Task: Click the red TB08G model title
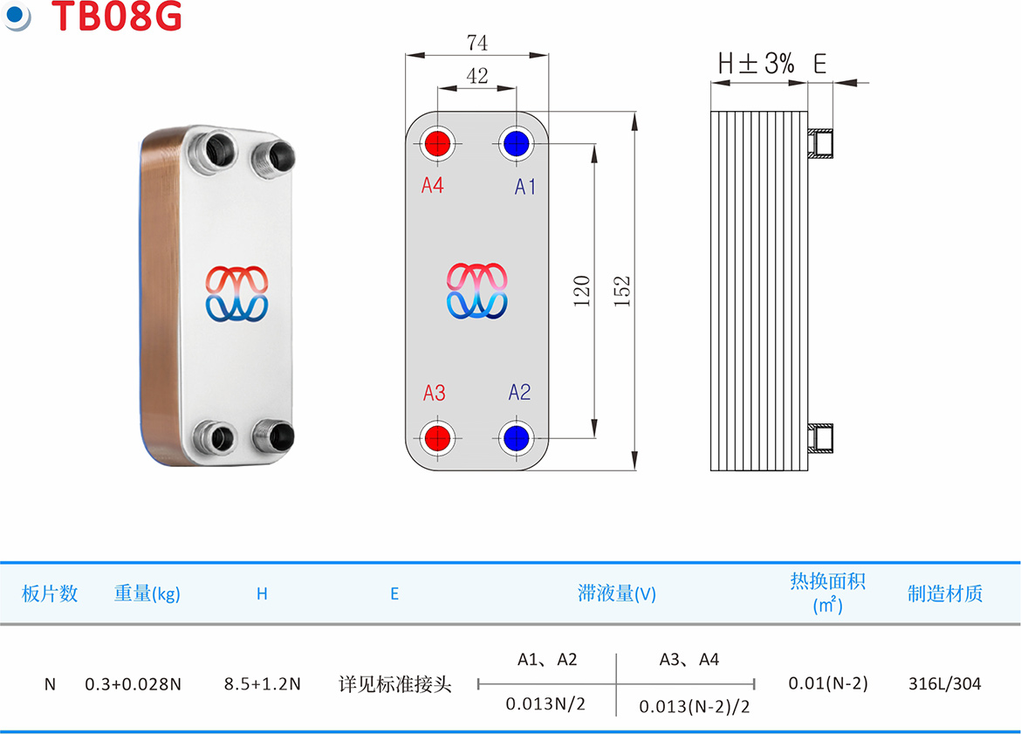[117, 16]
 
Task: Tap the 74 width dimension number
[476, 43]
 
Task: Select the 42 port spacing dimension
[476, 76]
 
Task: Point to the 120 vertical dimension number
[581, 292]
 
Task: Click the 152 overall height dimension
[622, 292]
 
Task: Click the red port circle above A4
[437, 143]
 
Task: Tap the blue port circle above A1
[517, 143]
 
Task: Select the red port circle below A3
[437, 438]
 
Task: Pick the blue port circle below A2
[517, 438]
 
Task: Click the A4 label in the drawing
[432, 186]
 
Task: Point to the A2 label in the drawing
[519, 392]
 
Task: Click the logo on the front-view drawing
[476, 292]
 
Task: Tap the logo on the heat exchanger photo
[237, 294]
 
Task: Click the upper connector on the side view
[820, 144]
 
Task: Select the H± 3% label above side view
[756, 64]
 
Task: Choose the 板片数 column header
[50, 593]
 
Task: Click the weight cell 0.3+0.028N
[133, 684]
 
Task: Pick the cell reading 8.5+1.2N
[263, 684]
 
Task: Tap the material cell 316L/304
[945, 684]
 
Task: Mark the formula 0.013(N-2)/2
[694, 707]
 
